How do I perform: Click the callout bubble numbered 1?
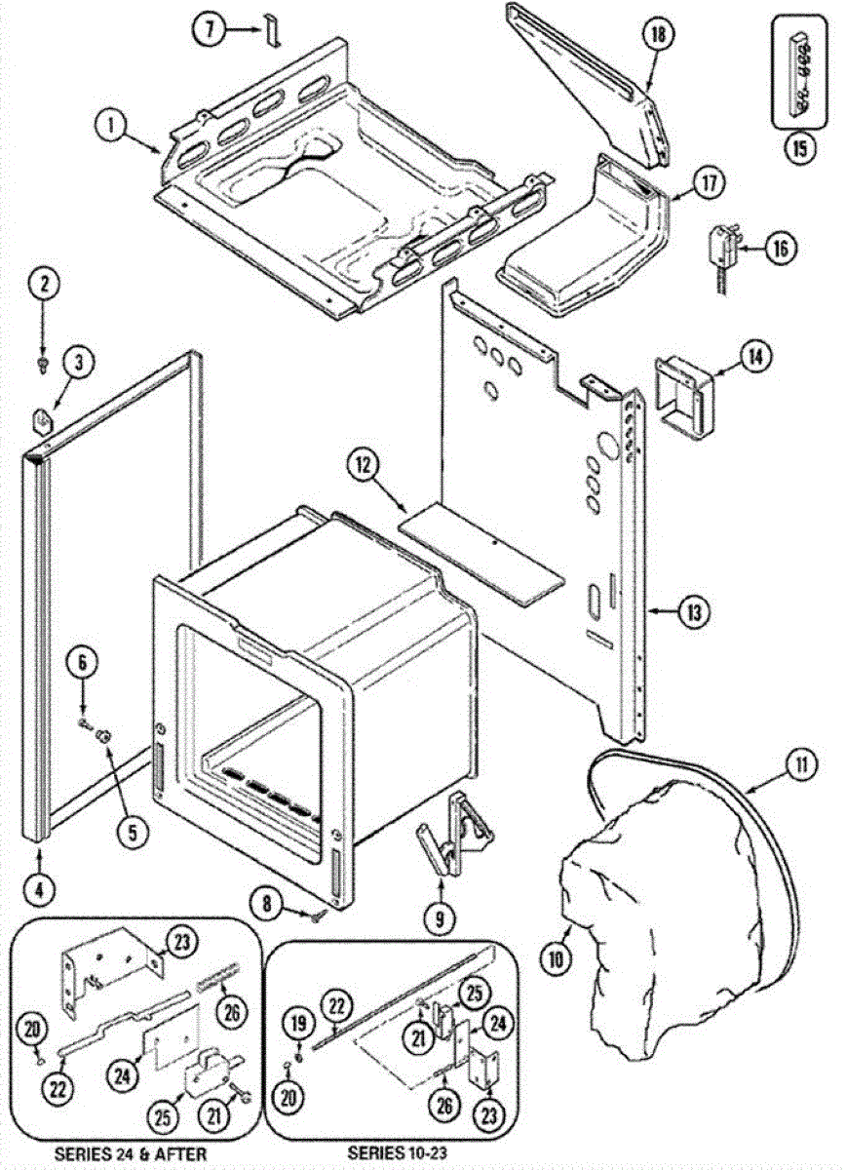(x=112, y=125)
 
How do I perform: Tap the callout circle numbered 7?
(x=208, y=28)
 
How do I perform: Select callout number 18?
(x=658, y=34)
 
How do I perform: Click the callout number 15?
(x=800, y=150)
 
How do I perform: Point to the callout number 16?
(x=780, y=247)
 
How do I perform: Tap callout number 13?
(x=694, y=612)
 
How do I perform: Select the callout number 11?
(x=800, y=765)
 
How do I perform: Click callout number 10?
(x=556, y=958)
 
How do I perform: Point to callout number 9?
(x=439, y=916)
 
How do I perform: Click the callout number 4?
(x=39, y=888)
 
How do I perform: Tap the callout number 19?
(x=299, y=1023)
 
